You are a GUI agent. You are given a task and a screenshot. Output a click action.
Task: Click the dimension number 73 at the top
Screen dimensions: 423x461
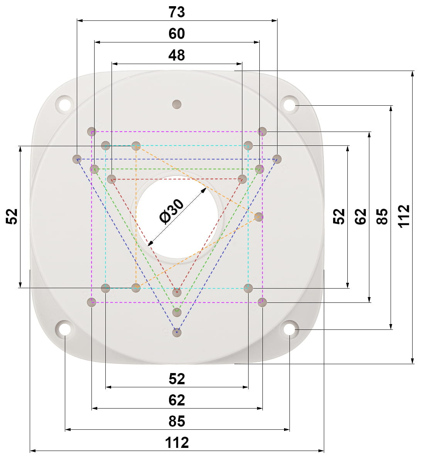(176, 12)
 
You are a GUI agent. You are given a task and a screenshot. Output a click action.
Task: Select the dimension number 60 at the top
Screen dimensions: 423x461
(176, 34)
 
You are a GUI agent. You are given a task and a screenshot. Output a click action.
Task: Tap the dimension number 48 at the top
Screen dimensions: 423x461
(176, 55)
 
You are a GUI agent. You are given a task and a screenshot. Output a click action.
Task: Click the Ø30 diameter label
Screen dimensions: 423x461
(171, 211)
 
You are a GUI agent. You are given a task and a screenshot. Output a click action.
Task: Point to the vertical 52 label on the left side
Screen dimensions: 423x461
(12, 216)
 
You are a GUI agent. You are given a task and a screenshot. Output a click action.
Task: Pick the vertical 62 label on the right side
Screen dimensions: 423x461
(360, 216)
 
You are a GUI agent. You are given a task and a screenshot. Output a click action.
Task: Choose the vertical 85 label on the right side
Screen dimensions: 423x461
(382, 216)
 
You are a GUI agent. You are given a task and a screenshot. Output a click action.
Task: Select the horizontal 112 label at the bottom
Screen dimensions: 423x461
(177, 442)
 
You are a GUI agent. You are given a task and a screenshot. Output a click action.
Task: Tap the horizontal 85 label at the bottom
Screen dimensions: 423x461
(177, 421)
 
